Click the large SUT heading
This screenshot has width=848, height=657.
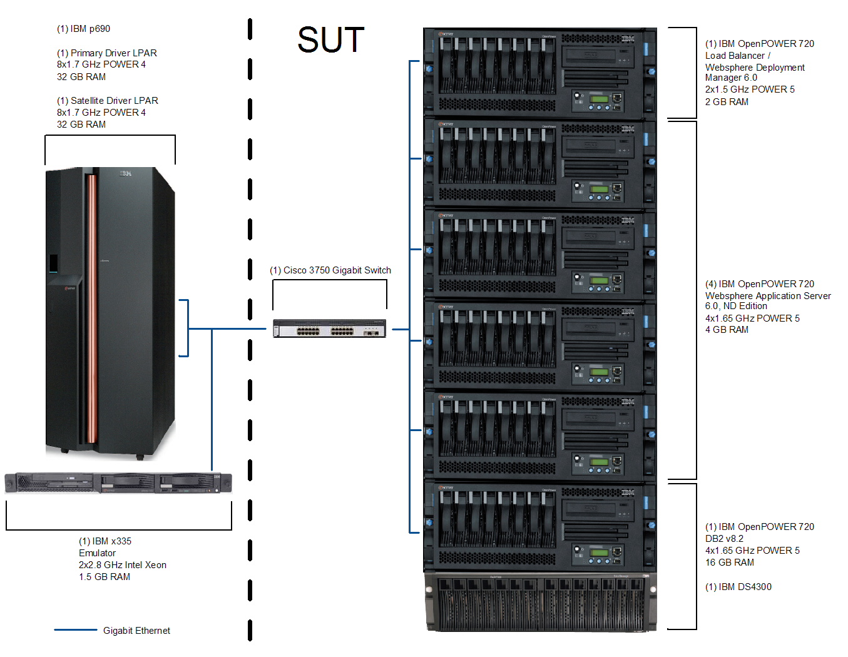coord(330,40)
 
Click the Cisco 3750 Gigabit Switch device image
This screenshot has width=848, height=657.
coord(329,328)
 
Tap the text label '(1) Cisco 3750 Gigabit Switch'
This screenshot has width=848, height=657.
coord(330,270)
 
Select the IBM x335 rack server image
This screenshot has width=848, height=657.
coord(118,483)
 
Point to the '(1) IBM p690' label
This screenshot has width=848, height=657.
coord(83,29)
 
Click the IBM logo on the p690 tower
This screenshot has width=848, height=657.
coord(126,173)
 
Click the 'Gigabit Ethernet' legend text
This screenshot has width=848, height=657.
coord(136,631)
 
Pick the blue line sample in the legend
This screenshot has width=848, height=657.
coord(75,630)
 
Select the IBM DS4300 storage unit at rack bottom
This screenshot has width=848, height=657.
coord(541,602)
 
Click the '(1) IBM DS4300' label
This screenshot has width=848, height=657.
coord(738,587)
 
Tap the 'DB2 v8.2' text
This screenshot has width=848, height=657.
coord(724,539)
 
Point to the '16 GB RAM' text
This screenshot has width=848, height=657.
coord(730,563)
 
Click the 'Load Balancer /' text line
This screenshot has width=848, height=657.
coord(738,56)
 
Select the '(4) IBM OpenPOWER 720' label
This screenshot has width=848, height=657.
coord(760,284)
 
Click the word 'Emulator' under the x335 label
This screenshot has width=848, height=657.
coord(97,553)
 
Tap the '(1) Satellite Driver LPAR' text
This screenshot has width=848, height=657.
coord(108,101)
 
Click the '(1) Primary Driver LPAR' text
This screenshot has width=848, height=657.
coord(107,53)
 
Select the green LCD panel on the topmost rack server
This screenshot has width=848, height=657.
coord(599,99)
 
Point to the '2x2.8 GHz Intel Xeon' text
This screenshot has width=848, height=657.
coord(123,565)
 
